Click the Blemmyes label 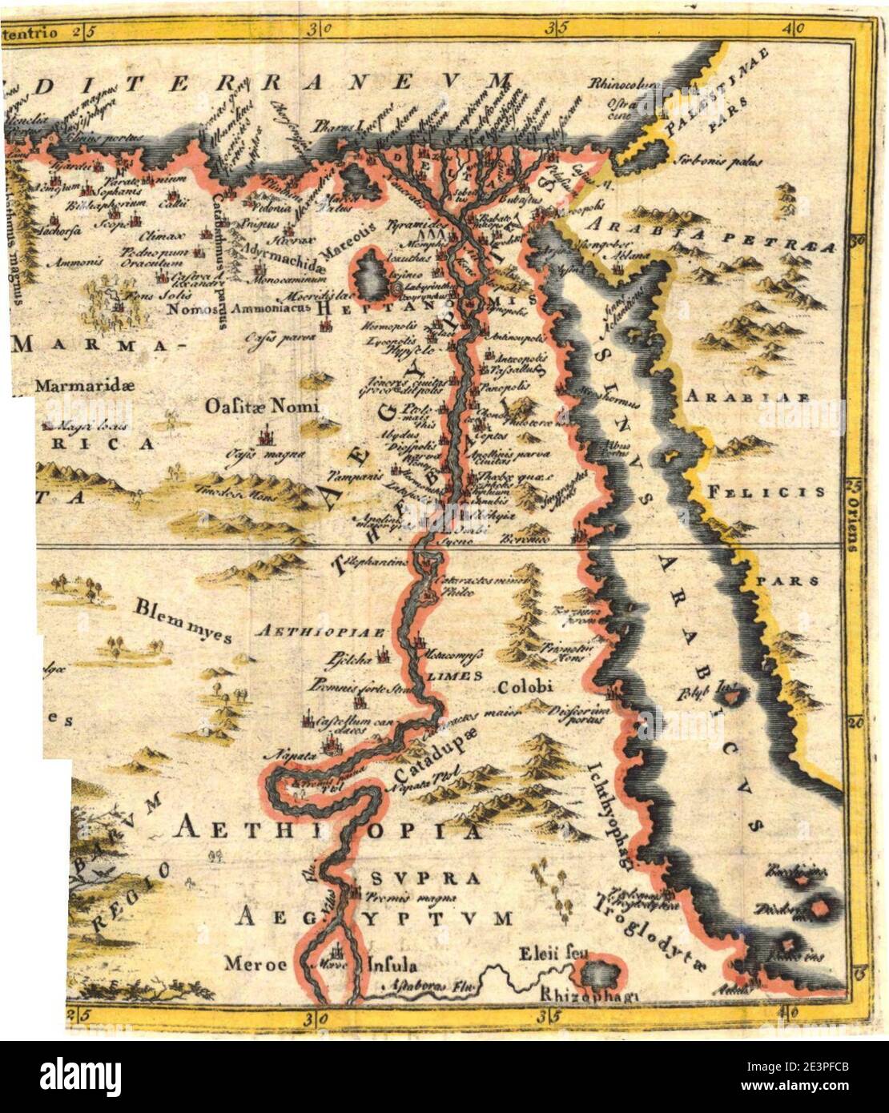[183, 620]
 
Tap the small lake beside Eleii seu [599, 972]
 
